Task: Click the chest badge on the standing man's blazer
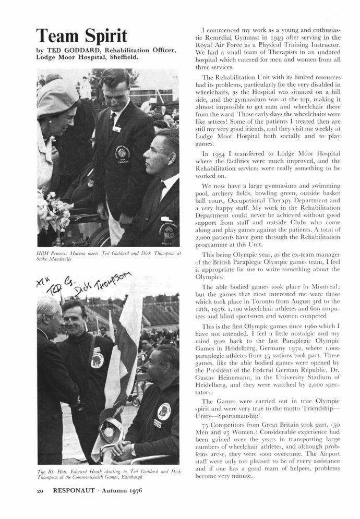123,154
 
